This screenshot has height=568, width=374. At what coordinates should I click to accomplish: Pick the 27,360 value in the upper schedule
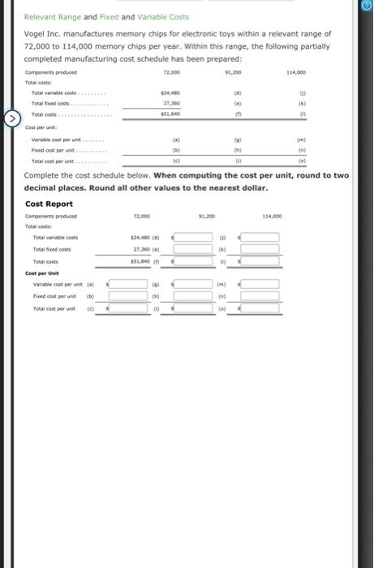170,104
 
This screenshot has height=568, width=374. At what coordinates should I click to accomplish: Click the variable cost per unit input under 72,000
131,285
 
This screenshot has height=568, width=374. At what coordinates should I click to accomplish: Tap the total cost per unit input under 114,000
260,309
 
